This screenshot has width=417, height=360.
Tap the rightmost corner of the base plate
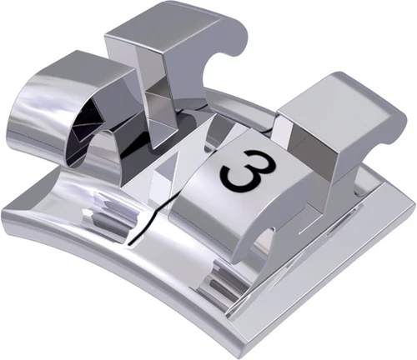pos(410,208)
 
